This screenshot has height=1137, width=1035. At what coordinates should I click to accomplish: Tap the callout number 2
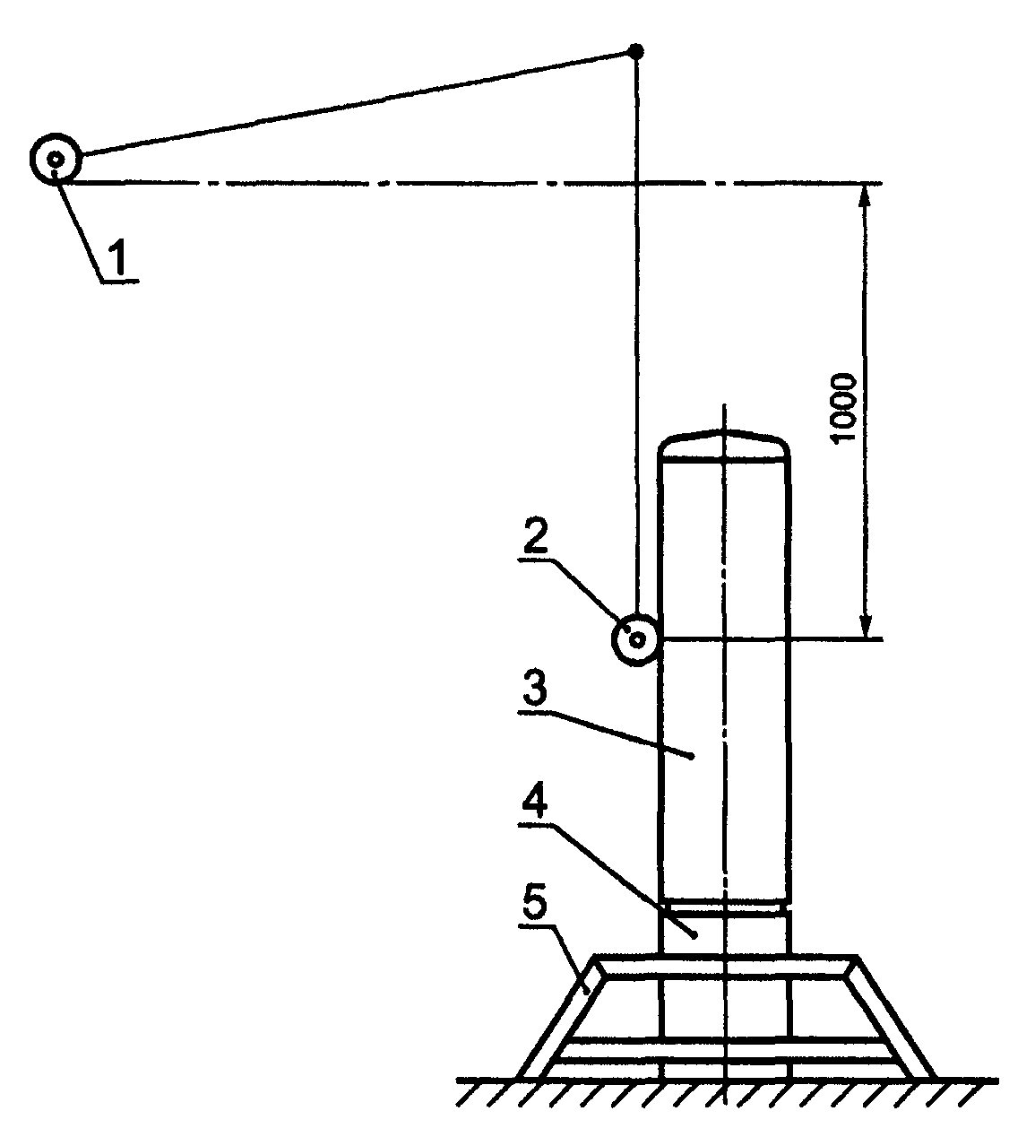pos(535,535)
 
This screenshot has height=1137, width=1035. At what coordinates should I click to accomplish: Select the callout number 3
pos(534,688)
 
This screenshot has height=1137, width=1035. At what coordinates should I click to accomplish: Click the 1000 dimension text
pos(843,407)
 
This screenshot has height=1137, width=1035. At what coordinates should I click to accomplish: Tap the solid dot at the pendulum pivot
pos(636,52)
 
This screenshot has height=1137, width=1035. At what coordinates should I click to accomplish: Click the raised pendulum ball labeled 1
pos(56,160)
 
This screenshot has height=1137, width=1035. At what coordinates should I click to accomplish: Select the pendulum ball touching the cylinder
pos(635,640)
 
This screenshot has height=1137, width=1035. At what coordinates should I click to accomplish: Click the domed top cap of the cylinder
pos(724,446)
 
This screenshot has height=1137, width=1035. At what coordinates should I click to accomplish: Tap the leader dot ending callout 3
pos(692,756)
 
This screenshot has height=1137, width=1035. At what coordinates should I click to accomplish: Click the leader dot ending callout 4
pos(694,935)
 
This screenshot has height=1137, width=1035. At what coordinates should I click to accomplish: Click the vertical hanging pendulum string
pos(636,334)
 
